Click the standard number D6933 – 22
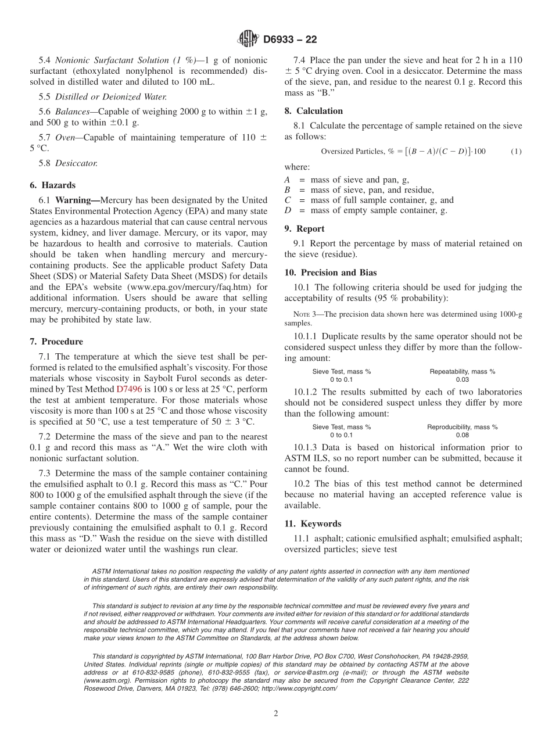click(290, 40)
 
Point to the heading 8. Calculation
click(314, 111)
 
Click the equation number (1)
click(516, 152)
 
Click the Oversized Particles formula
click(403, 152)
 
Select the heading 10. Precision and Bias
click(331, 272)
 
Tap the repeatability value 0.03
click(462, 379)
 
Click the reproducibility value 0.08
click(462, 435)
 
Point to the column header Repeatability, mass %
click(462, 371)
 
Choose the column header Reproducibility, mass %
click(462, 427)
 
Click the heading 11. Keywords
click(313, 523)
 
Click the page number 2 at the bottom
click(276, 714)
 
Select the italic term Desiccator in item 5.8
click(76, 163)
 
